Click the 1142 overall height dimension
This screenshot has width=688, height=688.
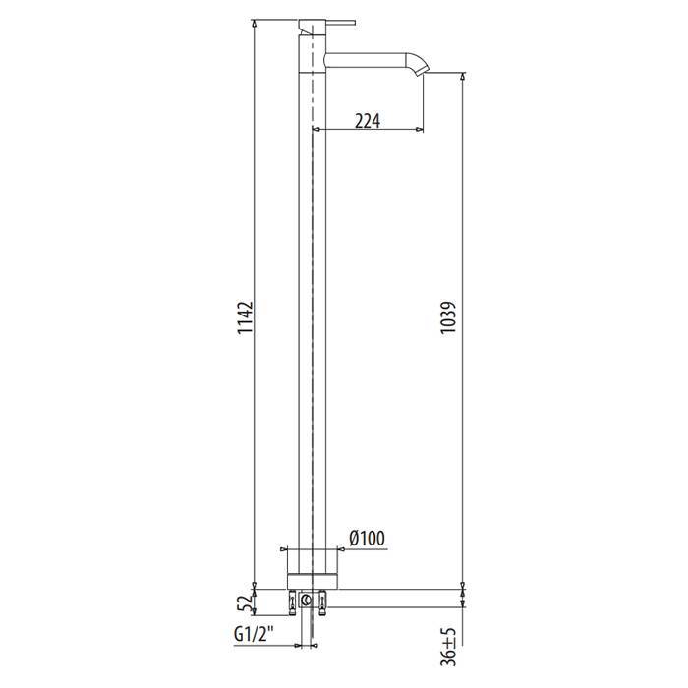coord(246,317)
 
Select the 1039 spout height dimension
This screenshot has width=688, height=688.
coord(449,317)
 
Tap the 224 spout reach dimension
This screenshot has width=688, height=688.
coord(368,121)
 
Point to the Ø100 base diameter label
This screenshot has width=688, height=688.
coord(368,539)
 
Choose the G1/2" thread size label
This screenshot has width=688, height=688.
coord(255,634)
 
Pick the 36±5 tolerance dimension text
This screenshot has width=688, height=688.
coord(449,647)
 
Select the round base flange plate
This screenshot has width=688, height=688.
coord(313,581)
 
